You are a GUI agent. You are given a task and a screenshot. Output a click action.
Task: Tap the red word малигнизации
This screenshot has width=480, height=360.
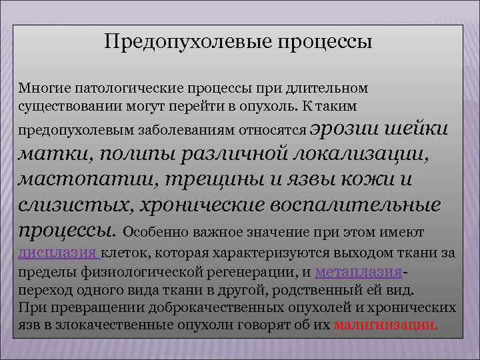(x=385, y=325)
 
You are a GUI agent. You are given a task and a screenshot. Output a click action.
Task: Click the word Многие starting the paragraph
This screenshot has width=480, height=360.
(x=41, y=88)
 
